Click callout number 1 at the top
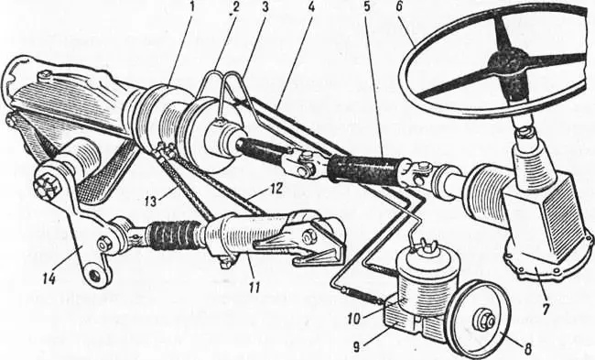(192, 7)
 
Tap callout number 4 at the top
(311, 7)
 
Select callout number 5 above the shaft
(366, 7)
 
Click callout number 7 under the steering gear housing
(545, 309)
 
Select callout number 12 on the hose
(276, 190)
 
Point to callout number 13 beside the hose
(151, 201)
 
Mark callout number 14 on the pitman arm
(49, 279)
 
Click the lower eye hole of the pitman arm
(95, 275)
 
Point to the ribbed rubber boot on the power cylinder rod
(174, 234)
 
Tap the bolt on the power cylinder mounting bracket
(307, 236)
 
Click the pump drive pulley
(477, 320)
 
